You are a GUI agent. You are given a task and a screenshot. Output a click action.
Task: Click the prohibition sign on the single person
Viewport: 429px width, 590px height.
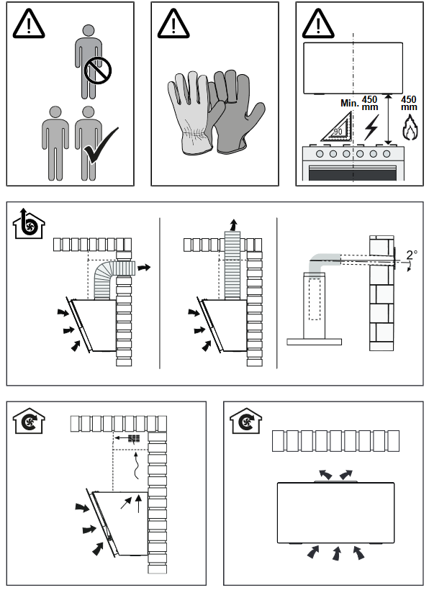pyautogui.click(x=97, y=70)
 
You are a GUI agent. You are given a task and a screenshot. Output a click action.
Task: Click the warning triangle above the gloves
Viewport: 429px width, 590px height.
pyautogui.click(x=173, y=24)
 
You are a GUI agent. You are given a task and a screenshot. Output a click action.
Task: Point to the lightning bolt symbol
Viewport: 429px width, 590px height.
pyautogui.click(x=371, y=127)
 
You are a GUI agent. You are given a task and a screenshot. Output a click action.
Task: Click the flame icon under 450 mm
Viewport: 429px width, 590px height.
pyautogui.click(x=410, y=128)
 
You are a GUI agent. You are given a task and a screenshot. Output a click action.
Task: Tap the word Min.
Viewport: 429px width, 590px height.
pyautogui.click(x=350, y=103)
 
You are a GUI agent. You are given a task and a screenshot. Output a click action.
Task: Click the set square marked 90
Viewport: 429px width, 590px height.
pyautogui.click(x=337, y=127)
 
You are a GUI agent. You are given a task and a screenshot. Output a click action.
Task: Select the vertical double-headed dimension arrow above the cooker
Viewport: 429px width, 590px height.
pyautogui.click(x=389, y=119)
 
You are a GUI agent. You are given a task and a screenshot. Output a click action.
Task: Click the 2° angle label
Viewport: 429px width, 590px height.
pyautogui.click(x=412, y=255)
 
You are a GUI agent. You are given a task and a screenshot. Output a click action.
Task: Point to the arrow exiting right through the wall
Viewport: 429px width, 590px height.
pyautogui.click(x=144, y=268)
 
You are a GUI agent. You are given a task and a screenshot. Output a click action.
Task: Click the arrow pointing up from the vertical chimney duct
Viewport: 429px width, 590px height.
pyautogui.click(x=234, y=224)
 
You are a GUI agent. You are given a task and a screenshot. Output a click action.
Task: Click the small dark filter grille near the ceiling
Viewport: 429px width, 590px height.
pyautogui.click(x=134, y=438)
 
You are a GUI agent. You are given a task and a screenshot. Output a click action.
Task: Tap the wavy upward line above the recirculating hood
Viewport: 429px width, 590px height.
pyautogui.click(x=136, y=466)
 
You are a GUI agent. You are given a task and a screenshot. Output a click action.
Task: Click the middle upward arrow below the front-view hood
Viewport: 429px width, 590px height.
pyautogui.click(x=336, y=553)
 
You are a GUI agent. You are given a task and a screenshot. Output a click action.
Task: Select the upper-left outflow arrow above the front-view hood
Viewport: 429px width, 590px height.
pyautogui.click(x=325, y=474)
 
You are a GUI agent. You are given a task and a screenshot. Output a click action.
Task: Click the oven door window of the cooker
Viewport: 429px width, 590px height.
pyautogui.click(x=353, y=174)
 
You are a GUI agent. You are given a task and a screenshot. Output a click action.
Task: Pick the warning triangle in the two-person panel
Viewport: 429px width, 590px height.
pyautogui.click(x=29, y=24)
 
